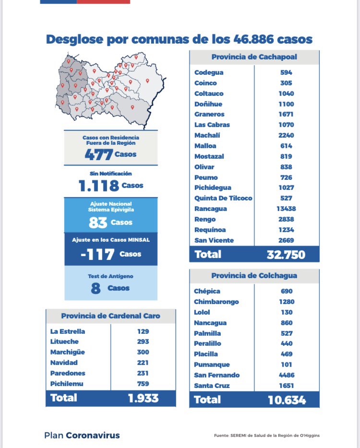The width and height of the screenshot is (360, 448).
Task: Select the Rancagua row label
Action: tap(211, 209)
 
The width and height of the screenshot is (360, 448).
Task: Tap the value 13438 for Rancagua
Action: tap(286, 209)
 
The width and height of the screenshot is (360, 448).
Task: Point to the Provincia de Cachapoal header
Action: tap(254, 57)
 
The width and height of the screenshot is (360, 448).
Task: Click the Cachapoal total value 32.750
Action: tap(286, 254)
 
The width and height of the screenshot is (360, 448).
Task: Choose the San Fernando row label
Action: tap(216, 375)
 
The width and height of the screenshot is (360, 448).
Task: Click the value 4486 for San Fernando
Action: tap(286, 375)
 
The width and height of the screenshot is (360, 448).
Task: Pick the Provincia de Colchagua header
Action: tap(254, 276)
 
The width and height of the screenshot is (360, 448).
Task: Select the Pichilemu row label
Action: tap(66, 383)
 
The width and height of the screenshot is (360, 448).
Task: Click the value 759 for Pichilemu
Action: tap(143, 383)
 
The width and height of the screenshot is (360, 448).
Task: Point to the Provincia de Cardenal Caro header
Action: tap(110, 316)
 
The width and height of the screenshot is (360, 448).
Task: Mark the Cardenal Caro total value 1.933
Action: tap(143, 398)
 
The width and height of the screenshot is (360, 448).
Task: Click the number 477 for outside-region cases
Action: tap(98, 155)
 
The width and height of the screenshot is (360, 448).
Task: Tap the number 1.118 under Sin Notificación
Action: tap(98, 186)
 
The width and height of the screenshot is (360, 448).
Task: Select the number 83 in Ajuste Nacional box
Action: tap(97, 223)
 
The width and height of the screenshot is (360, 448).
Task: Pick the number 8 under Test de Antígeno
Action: tap(96, 288)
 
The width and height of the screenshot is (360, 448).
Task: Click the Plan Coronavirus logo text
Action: tap(82, 436)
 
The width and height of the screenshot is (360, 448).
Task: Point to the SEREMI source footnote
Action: tap(267, 436)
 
